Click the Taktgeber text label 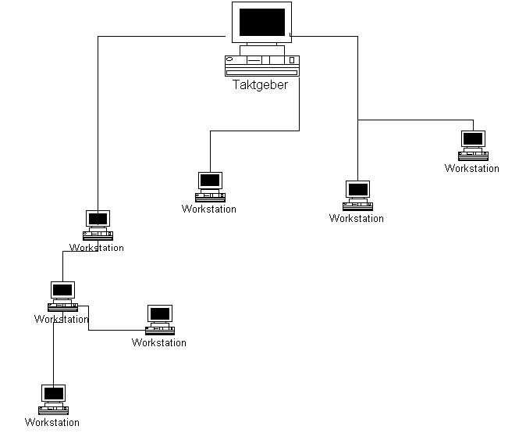(x=260, y=85)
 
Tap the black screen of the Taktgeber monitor (x=261, y=22)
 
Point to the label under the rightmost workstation (x=472, y=169)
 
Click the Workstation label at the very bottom (x=52, y=423)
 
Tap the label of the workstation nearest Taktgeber (x=209, y=209)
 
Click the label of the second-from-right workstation (x=357, y=219)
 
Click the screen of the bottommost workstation (x=54, y=393)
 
